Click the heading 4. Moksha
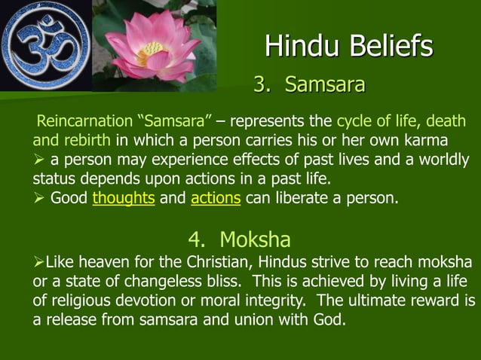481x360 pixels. tap(240, 240)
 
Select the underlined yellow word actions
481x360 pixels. tap(216, 200)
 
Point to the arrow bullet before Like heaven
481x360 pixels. tap(38, 261)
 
